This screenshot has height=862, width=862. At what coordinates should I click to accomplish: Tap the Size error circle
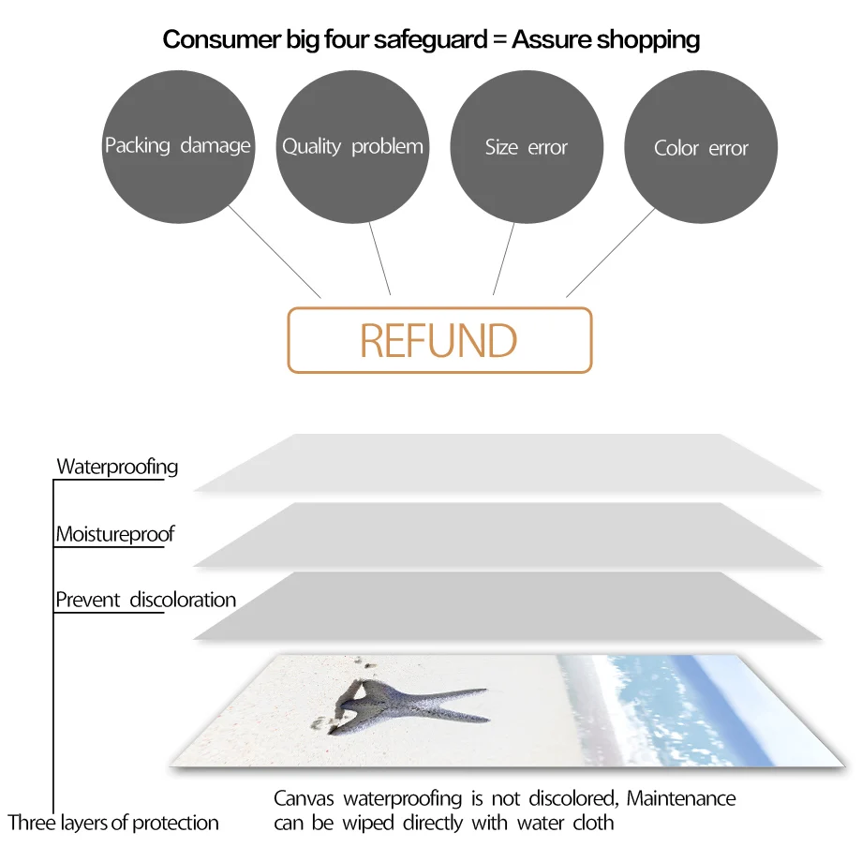point(527,147)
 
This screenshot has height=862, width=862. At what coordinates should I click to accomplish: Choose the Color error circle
point(701,147)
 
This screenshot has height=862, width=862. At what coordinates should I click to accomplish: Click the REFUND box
point(438,340)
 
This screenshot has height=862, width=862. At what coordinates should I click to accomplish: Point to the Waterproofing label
point(117,467)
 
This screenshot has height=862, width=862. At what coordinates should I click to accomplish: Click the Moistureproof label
point(114,535)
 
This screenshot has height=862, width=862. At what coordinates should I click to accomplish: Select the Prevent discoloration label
point(145,600)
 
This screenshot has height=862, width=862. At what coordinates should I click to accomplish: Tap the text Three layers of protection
point(113,824)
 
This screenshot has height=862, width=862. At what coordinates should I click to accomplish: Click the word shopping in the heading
point(647,40)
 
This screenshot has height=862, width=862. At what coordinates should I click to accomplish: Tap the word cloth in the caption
point(593,824)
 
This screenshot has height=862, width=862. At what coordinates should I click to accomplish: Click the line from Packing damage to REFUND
point(274,251)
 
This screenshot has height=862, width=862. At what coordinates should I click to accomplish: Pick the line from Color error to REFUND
point(611,252)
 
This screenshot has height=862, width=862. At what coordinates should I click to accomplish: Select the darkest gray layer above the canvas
point(506,606)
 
